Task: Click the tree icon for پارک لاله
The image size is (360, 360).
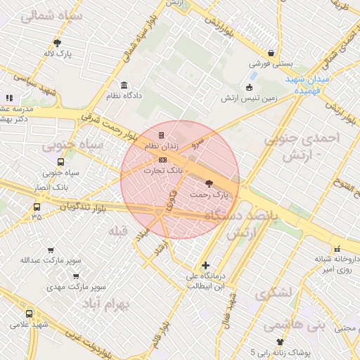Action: coord(58,43)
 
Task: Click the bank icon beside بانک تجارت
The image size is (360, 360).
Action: coord(163,160)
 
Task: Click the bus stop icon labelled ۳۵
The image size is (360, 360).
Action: coord(37,207)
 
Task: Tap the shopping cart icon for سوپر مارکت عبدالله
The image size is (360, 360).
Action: coord(51,250)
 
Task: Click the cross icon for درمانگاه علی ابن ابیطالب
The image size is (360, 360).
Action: coord(205,265)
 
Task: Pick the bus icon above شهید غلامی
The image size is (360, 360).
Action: coord(30,314)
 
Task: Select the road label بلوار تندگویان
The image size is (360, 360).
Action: coord(88,206)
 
